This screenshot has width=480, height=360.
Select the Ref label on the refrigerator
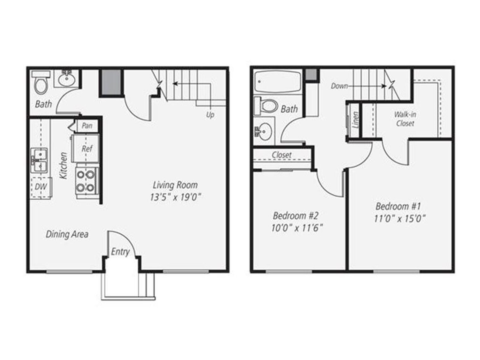pos(87,149)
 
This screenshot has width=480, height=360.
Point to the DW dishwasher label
pos(41,186)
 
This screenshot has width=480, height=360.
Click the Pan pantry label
pos(87,126)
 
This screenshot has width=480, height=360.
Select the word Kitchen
pos(63,165)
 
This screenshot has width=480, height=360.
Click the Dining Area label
pos(67,234)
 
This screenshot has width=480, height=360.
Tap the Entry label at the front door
pos(120,252)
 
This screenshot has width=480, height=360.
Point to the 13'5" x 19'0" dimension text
pos(175,197)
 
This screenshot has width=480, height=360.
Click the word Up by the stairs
pos(210,115)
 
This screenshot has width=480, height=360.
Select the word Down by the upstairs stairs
pos(339,86)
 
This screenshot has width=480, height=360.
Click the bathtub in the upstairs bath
pos(278,82)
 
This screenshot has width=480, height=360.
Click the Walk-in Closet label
pos(405,119)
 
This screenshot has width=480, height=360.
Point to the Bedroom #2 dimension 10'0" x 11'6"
pos(297,228)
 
